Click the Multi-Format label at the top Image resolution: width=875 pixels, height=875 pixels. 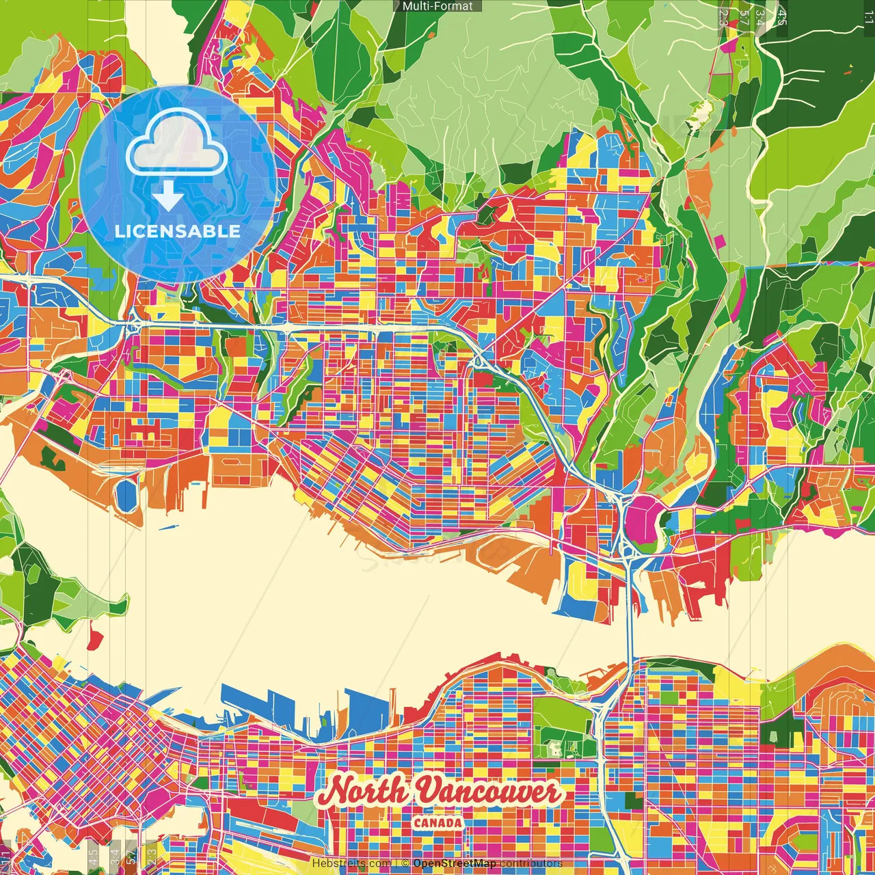pos(437,6)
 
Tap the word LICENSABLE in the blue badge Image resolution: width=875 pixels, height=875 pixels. pos(177,231)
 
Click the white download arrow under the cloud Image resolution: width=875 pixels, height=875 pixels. pos(168,196)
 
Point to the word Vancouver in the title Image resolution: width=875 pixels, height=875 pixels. pos(488,792)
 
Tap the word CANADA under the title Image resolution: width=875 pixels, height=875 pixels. pos(437,823)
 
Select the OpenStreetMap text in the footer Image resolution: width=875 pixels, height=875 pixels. pos(455,863)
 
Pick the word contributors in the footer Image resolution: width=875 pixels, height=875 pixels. pos(531,863)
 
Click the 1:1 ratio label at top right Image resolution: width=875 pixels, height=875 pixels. pos(868,17)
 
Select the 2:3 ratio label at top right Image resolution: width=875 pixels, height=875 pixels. pos(723,17)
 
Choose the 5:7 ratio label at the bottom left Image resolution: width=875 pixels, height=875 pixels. pos(131,855)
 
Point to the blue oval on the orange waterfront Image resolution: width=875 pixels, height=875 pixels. pos(126,494)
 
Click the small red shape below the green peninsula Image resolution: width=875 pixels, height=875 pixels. pos(95,640)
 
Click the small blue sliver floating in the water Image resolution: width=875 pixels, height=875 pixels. pos(168,527)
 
